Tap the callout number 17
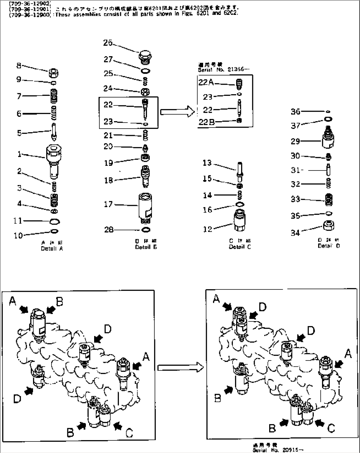coord(108,205)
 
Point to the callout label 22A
coord(206,83)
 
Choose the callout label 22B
coord(206,122)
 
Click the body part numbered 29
coord(328,139)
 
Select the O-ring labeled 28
coord(146,230)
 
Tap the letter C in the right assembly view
coord(331,429)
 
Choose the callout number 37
coord(295,126)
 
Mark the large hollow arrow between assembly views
coord(179,367)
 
